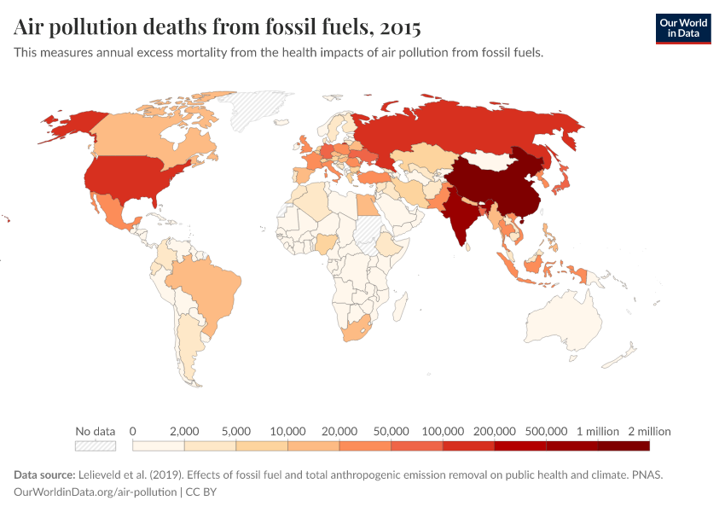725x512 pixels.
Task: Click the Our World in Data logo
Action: pyautogui.click(x=682, y=28)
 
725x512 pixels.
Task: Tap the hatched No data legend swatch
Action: pyautogui.click(x=96, y=445)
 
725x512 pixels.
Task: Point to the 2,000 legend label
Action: pyautogui.click(x=184, y=431)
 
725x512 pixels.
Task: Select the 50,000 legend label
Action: pyautogui.click(x=391, y=431)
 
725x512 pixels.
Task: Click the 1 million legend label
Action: pyautogui.click(x=598, y=431)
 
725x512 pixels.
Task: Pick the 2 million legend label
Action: pyautogui.click(x=650, y=431)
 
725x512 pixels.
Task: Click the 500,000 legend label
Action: pyautogui.click(x=546, y=431)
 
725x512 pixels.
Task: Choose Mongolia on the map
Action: pyautogui.click(x=495, y=160)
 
